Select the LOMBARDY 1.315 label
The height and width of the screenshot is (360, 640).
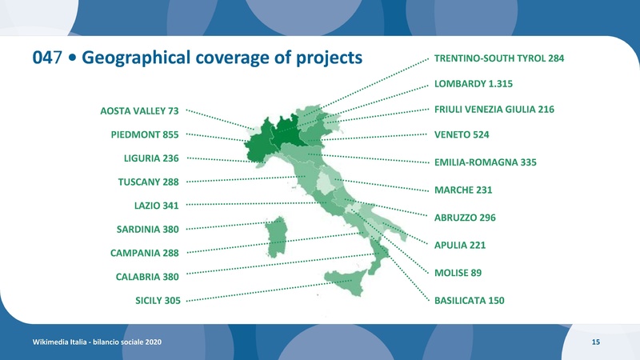point(473,83)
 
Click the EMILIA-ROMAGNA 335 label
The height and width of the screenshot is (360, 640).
point(485,162)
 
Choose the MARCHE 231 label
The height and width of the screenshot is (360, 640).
point(462,190)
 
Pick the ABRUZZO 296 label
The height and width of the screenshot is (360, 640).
point(465,218)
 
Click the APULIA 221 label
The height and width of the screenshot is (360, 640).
point(460,245)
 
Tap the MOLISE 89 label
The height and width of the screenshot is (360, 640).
point(458,273)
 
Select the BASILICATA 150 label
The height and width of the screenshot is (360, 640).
point(469,301)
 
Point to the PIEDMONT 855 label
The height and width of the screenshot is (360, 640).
point(145,134)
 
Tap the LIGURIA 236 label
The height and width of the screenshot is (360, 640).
point(151,158)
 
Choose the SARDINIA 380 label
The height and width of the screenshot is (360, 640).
point(148,230)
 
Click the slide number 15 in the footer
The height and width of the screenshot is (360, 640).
point(596,342)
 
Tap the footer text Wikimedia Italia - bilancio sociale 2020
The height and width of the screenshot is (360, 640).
point(97,342)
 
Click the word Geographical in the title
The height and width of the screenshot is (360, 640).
point(143,58)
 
